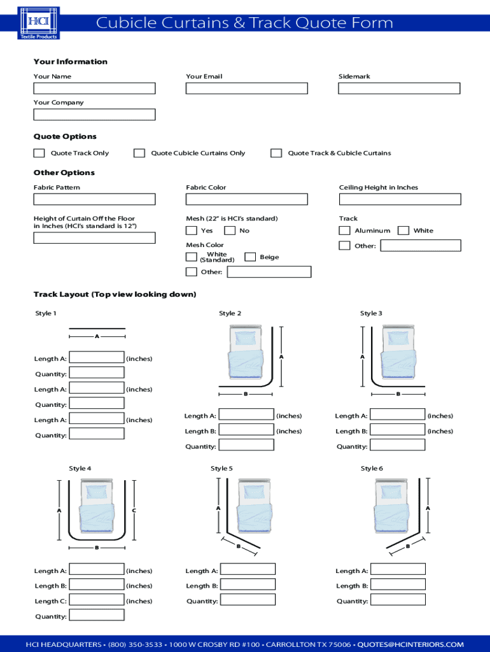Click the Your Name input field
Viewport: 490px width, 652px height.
[x=94, y=89]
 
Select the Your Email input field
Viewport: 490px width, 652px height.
[x=246, y=89]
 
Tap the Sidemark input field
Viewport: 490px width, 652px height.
[x=399, y=89]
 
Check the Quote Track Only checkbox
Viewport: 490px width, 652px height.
[x=39, y=153]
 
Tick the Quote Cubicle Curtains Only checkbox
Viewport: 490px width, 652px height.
[x=139, y=153]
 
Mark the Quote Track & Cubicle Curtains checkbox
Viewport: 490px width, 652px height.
[x=276, y=153]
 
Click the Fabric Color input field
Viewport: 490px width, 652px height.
[x=246, y=199]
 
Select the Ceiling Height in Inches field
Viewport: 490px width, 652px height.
[x=399, y=199]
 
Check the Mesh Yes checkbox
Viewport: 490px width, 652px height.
[x=191, y=230]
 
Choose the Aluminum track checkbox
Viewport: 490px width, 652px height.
[x=344, y=230]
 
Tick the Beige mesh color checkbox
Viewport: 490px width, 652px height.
[x=250, y=257]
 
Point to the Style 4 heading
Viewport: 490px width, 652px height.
[x=80, y=469]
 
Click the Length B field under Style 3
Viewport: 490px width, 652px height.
[x=398, y=431]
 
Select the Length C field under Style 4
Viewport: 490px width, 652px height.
[x=96, y=600]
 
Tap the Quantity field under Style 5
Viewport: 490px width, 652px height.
[x=248, y=600]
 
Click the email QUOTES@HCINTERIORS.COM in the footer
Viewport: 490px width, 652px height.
[x=410, y=644]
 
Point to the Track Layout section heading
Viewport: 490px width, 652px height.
[x=115, y=294]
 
